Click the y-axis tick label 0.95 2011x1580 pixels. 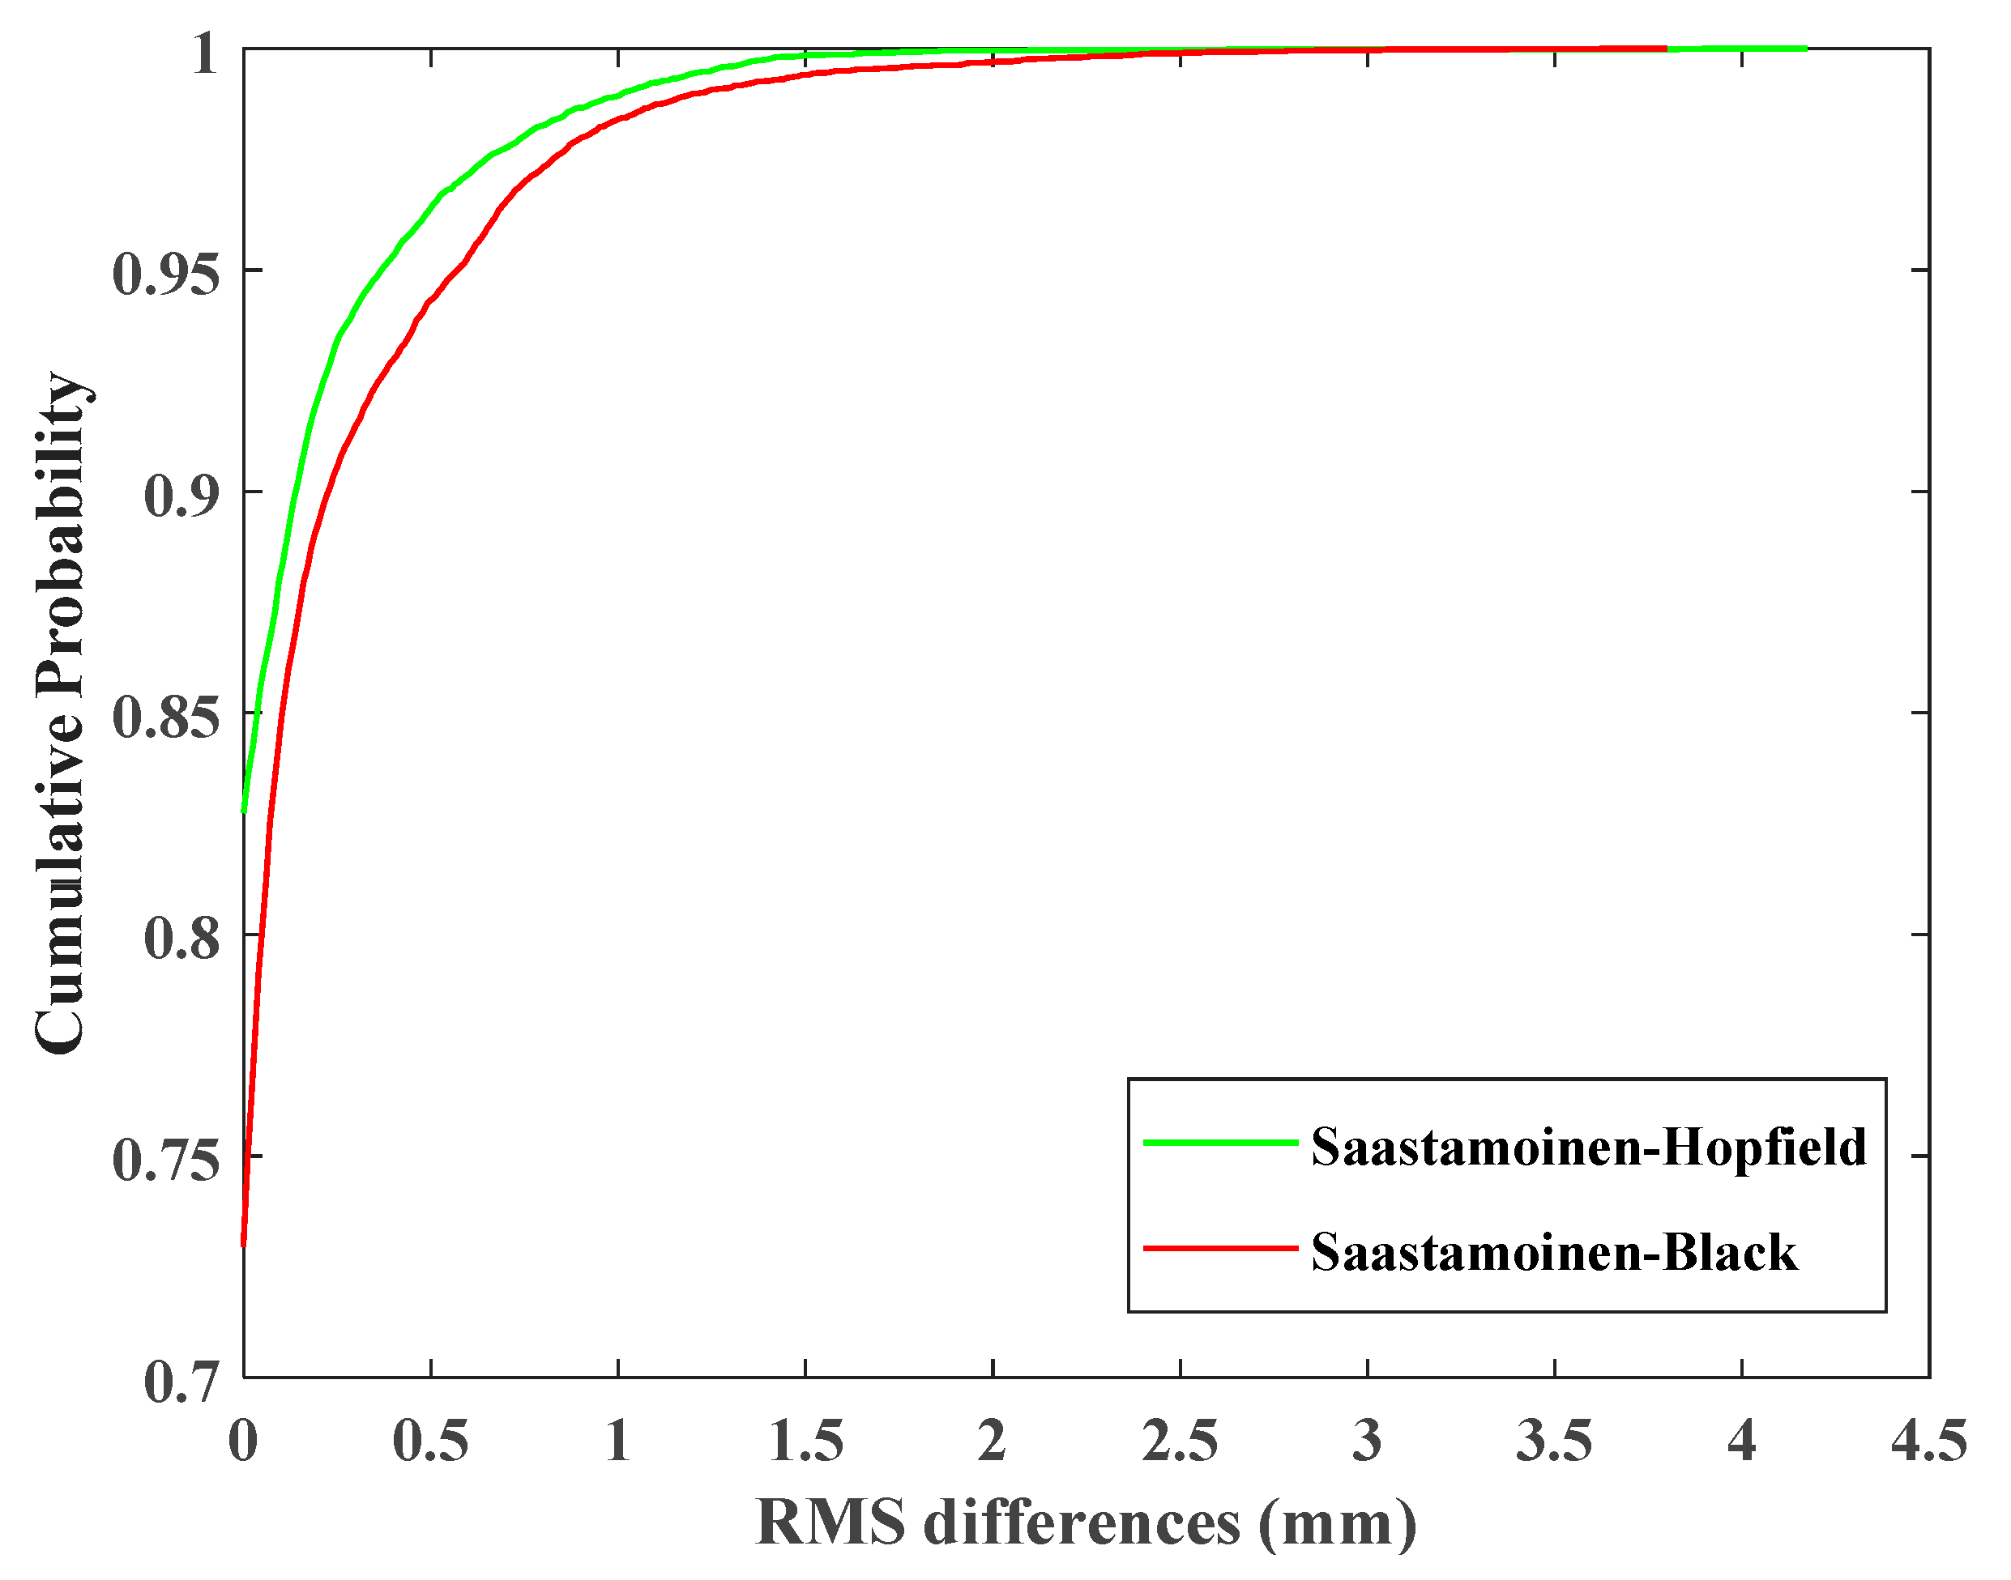pos(167,274)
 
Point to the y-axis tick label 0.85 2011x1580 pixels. pos(167,717)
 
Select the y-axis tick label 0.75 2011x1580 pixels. pos(167,1160)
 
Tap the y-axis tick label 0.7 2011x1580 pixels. pos(182,1382)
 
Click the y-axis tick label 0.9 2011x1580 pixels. pos(182,496)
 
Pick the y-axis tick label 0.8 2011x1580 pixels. pos(182,939)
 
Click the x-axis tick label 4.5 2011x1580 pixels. pos(1928,1442)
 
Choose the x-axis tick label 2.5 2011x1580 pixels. pos(1180,1442)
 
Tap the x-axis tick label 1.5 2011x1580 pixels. pos(805,1442)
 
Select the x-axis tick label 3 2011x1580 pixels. pos(1367,1442)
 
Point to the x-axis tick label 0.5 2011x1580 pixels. pos(430,1442)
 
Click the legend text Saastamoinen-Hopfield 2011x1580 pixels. pos(1588,1147)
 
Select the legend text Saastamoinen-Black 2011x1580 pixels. pos(1554,1253)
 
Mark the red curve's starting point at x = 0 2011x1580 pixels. pos(243,1244)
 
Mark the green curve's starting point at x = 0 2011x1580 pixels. pos(243,811)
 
